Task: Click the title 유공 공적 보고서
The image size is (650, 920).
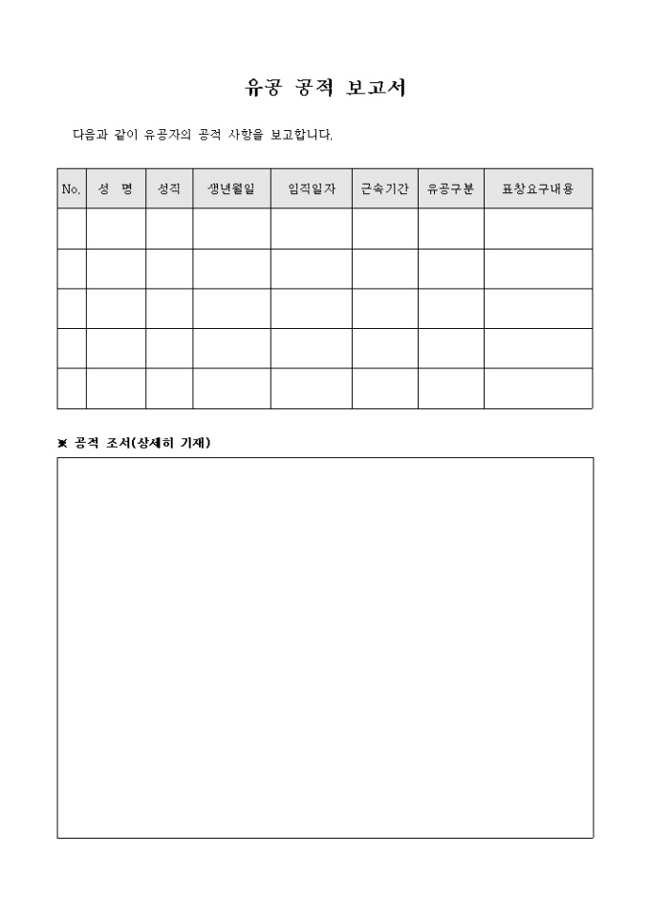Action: [325, 88]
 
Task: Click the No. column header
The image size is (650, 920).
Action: [71, 189]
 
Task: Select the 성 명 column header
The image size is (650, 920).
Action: [116, 189]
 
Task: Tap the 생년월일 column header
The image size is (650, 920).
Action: [231, 189]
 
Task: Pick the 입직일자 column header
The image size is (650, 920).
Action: [311, 189]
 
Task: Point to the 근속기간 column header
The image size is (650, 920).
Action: [384, 189]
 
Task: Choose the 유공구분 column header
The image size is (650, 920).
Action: [450, 189]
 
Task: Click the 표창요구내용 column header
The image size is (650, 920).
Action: [537, 189]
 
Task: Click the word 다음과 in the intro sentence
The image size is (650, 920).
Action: [91, 135]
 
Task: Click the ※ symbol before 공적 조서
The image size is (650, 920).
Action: [63, 443]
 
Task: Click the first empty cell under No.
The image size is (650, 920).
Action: [72, 229]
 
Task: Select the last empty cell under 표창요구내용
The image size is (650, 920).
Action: [537, 388]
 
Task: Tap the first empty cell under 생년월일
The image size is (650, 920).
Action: [231, 229]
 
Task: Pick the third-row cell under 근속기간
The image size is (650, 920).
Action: [384, 308]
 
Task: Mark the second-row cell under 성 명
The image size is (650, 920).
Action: [116, 269]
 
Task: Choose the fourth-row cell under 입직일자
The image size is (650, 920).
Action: [311, 348]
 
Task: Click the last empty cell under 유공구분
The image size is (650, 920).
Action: [450, 388]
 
